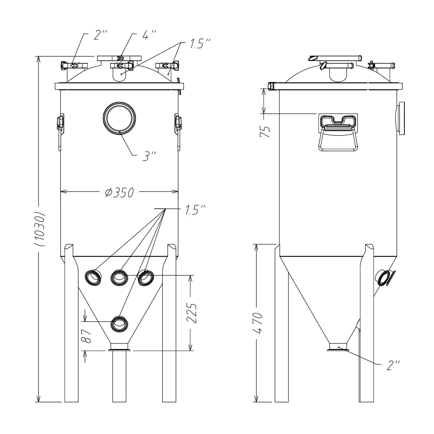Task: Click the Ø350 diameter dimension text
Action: coord(119,192)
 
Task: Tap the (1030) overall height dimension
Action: coord(40,229)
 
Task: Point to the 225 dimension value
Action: coord(192,313)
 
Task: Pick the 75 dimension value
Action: coord(265,131)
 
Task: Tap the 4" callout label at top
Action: coord(149,35)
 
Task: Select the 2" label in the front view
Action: coord(100,35)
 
